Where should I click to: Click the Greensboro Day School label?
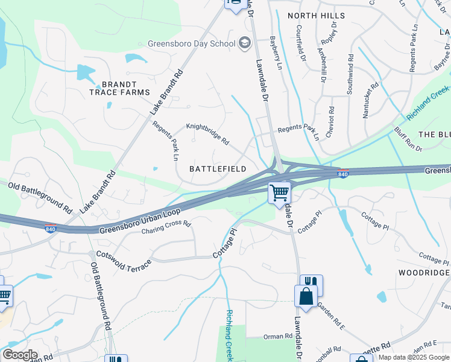click(x=191, y=43)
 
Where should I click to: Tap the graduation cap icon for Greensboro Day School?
click(x=244, y=42)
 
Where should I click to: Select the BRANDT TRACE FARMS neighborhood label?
click(x=119, y=88)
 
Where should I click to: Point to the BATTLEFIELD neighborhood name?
click(x=218, y=169)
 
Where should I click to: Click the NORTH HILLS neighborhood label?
click(x=316, y=15)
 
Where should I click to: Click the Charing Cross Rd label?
click(x=166, y=227)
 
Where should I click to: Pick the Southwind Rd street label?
click(x=349, y=74)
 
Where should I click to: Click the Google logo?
click(x=20, y=355)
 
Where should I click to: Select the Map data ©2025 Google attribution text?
click(x=414, y=357)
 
